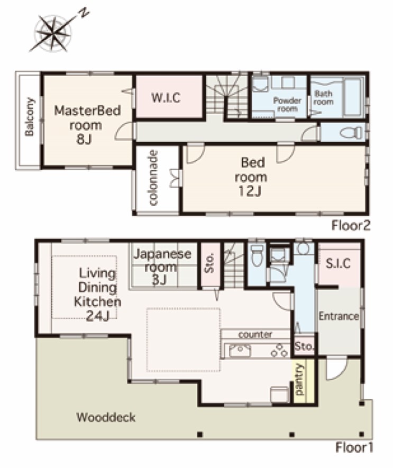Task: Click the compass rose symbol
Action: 54,33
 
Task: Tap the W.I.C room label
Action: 166,98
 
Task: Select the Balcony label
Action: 29,117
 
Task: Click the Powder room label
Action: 287,105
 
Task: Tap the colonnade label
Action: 153,178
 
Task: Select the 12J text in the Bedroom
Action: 250,191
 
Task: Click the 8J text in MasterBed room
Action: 84,139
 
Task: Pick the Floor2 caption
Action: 351,226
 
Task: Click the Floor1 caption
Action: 354,447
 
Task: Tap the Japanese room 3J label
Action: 162,267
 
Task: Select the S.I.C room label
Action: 339,263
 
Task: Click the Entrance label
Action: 339,316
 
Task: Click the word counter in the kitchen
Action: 255,334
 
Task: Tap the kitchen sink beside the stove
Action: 240,351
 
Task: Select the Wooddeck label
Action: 106,417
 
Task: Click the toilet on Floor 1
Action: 257,255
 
